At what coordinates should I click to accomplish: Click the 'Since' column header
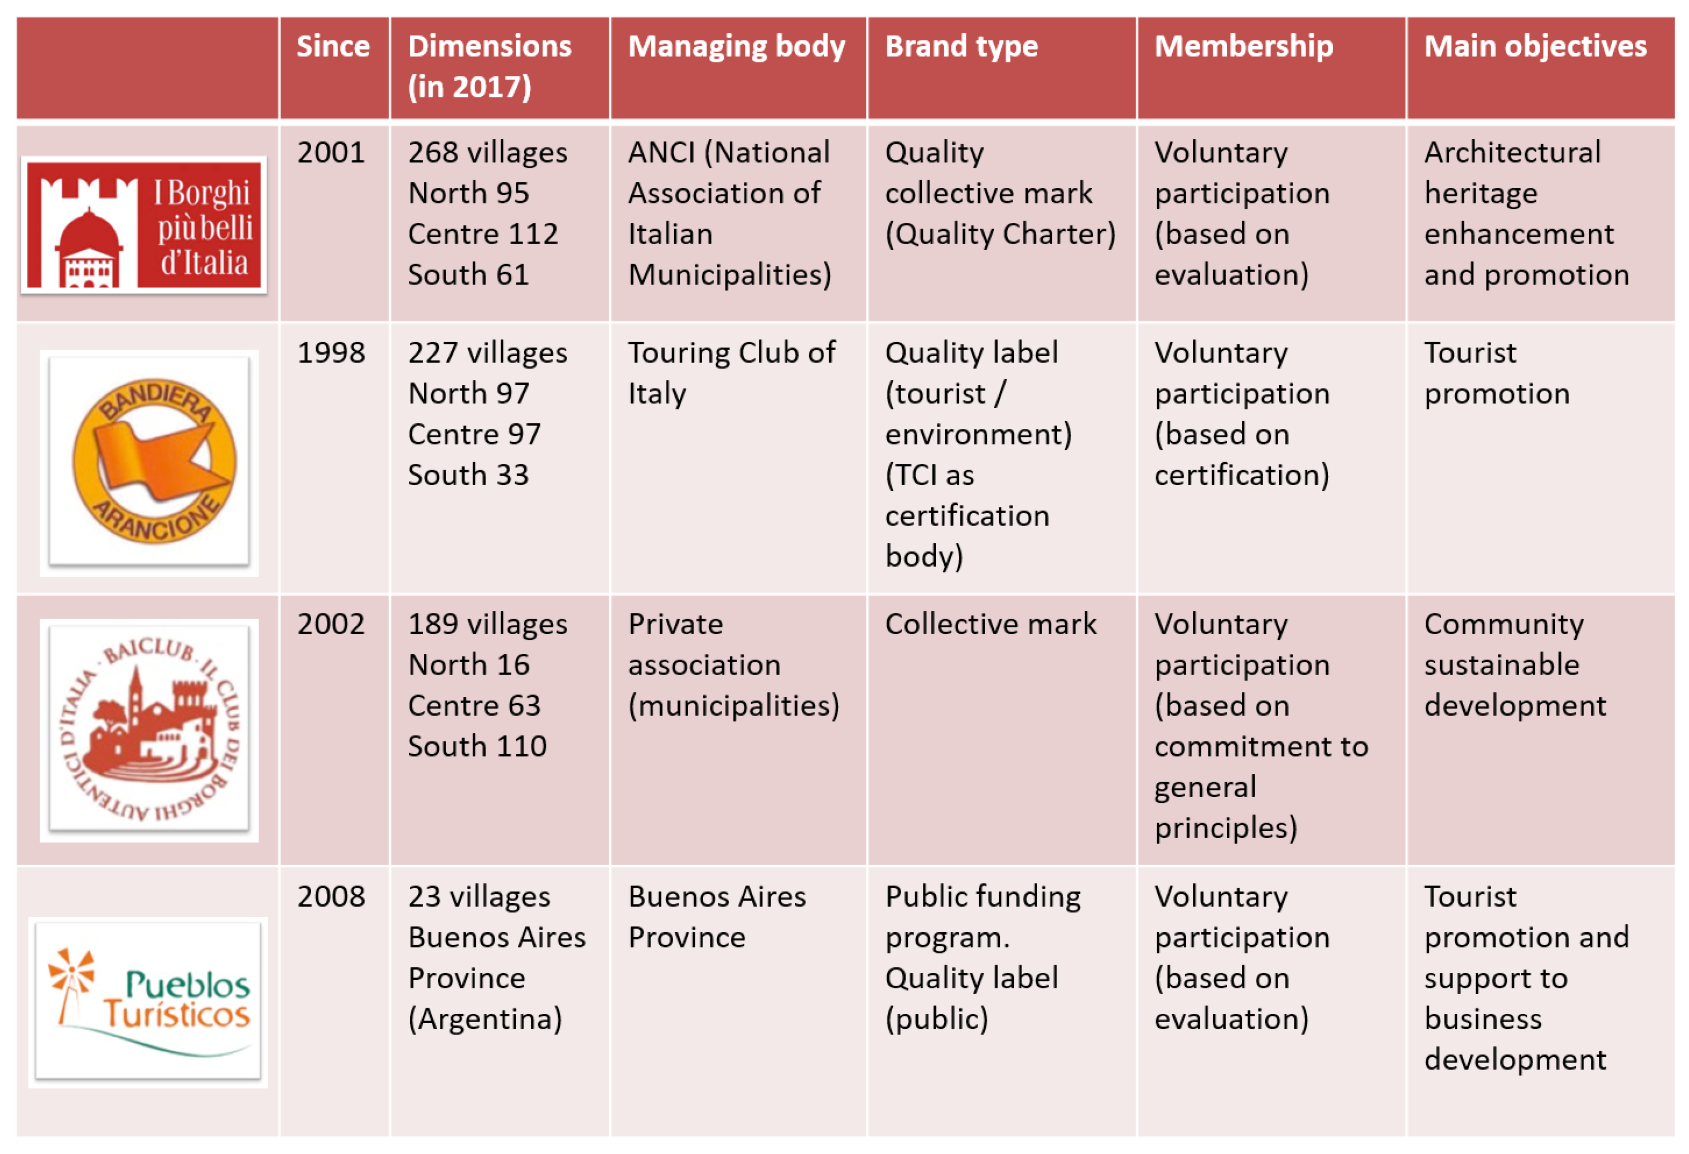coord(333,47)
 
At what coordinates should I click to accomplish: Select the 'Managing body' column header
coord(736,47)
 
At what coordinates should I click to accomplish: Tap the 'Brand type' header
coord(961,47)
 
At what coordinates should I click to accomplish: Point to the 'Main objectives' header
coord(1535,47)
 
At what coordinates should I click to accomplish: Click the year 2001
coord(331,153)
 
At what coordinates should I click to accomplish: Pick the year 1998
coord(331,353)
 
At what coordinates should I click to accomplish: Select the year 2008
coord(331,897)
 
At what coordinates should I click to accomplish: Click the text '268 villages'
coord(488,153)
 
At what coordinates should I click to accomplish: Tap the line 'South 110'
coord(477,746)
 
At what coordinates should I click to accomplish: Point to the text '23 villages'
coord(479,897)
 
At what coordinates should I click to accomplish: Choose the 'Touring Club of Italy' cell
coord(731,373)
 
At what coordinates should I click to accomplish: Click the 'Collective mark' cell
coord(990,624)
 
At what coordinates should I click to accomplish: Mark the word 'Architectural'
coord(1512,153)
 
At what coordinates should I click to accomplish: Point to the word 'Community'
coord(1504,624)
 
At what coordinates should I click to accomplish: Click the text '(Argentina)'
coord(485,1019)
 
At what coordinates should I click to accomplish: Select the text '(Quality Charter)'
coord(1000,234)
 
